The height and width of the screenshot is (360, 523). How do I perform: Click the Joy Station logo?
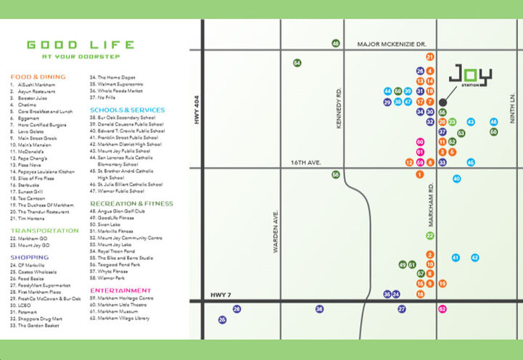469,75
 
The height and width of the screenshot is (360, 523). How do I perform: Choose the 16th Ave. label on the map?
305,163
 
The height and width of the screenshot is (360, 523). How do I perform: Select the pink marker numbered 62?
442,309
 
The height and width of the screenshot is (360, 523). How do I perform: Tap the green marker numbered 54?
297,63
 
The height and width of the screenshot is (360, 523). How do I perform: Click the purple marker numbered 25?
222,319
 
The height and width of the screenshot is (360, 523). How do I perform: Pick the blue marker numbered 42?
475,258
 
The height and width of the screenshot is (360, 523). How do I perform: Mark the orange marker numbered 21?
430,57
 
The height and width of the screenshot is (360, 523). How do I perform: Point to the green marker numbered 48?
336,44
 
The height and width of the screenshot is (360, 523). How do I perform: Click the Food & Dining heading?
38,76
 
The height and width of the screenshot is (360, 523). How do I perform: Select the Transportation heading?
44,230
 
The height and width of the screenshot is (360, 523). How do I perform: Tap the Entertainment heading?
120,290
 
